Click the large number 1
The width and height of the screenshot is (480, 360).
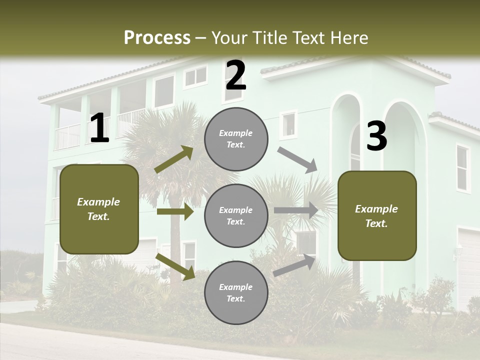click(x=99, y=128)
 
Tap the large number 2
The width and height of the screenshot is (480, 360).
click(x=235, y=75)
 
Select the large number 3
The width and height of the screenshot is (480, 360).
click(x=376, y=136)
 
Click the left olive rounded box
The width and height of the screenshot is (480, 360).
click(x=99, y=209)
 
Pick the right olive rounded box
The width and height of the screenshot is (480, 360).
click(x=377, y=215)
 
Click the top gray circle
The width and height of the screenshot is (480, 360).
click(x=236, y=139)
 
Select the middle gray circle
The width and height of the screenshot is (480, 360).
click(x=236, y=215)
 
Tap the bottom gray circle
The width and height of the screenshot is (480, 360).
click(x=236, y=292)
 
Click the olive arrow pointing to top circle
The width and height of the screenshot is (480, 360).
click(x=174, y=159)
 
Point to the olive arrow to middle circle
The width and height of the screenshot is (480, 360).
click(x=175, y=211)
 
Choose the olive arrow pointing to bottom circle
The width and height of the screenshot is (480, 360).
click(x=175, y=266)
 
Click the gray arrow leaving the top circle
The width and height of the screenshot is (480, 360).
click(x=297, y=159)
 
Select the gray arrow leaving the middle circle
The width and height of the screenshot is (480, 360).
click(x=296, y=210)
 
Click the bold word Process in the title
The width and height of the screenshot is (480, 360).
click(x=157, y=37)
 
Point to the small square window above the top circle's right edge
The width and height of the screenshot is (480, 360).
click(x=288, y=124)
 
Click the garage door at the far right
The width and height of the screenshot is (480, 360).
click(x=469, y=265)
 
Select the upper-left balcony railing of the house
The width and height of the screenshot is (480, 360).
click(x=68, y=136)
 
